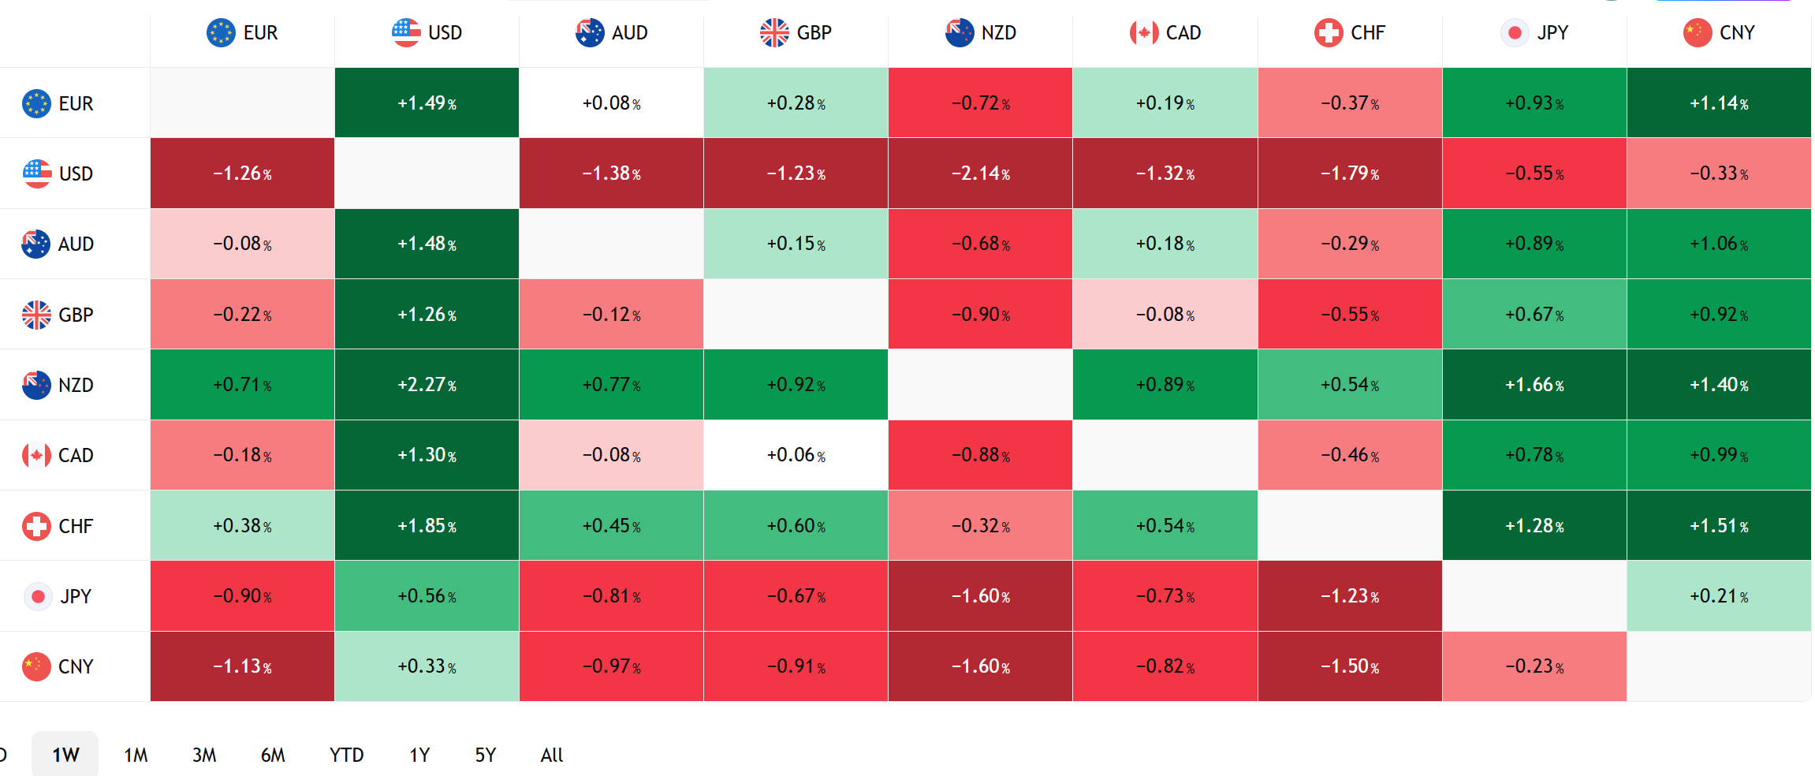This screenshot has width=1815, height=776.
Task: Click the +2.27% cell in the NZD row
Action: point(427,385)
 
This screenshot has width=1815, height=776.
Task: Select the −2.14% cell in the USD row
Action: point(980,173)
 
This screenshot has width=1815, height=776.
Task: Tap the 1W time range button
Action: point(65,755)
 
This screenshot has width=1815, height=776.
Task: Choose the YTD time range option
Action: point(347,755)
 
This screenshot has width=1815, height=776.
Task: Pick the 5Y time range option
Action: point(486,755)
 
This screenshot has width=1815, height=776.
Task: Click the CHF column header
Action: point(1350,33)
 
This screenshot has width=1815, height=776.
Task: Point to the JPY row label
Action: point(58,596)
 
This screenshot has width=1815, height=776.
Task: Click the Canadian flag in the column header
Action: point(1144,33)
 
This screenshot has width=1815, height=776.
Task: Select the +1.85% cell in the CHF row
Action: point(427,526)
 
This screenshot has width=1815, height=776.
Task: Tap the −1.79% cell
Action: point(1350,173)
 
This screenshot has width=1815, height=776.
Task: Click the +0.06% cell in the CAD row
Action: point(796,455)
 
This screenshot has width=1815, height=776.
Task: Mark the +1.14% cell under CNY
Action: point(1719,103)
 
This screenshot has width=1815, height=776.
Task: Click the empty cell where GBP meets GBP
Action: point(796,314)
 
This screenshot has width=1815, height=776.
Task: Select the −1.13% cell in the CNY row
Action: point(242,666)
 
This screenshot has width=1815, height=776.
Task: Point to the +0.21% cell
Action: point(1719,596)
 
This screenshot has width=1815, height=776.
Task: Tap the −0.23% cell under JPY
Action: point(1534,666)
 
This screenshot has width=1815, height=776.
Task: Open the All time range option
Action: point(552,755)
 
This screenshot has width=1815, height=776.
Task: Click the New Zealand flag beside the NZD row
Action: point(36,385)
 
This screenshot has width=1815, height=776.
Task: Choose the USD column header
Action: point(427,33)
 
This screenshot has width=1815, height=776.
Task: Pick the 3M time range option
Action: point(204,755)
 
